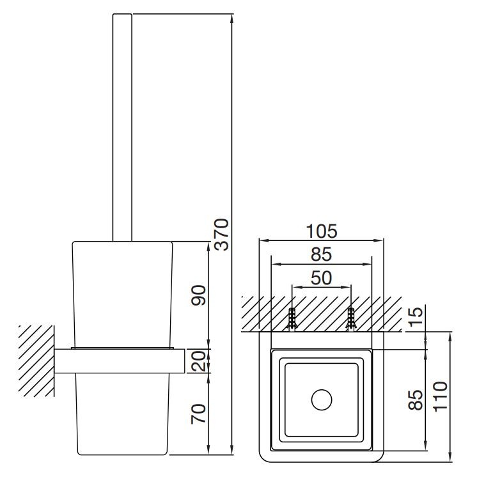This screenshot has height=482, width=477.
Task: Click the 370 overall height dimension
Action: pyautogui.click(x=222, y=234)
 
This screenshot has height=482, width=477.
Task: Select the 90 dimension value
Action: pyautogui.click(x=198, y=295)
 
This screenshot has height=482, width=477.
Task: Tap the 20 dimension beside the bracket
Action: pyautogui.click(x=198, y=361)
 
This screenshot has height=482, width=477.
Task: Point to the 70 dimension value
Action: pyautogui.click(x=198, y=414)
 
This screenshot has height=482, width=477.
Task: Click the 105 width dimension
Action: pyautogui.click(x=322, y=231)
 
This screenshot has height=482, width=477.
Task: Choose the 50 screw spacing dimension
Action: pyautogui.click(x=322, y=278)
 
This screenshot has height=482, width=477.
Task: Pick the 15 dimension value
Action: pyautogui.click(x=416, y=316)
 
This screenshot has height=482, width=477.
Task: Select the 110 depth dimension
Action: pyautogui.click(x=440, y=396)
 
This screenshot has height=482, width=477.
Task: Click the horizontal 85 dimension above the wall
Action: pyautogui.click(x=322, y=254)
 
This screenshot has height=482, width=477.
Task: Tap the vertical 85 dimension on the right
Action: pyautogui.click(x=416, y=400)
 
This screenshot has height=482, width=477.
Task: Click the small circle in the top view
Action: pyautogui.click(x=322, y=400)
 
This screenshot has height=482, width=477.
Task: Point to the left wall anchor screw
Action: pyautogui.click(x=292, y=319)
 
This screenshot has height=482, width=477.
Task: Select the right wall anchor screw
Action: pyautogui.click(x=350, y=319)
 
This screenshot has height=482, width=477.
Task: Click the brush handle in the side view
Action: pyautogui.click(x=122, y=127)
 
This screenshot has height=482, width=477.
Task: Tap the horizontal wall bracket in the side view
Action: pyautogui.click(x=120, y=361)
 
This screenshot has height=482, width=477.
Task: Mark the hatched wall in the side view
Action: pyautogui.click(x=36, y=361)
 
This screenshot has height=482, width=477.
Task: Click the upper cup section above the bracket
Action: pyautogui.click(x=122, y=295)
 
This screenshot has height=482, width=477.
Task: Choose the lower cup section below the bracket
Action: pyautogui.click(x=122, y=414)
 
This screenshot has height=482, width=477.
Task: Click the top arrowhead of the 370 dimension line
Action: pyautogui.click(x=231, y=19)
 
